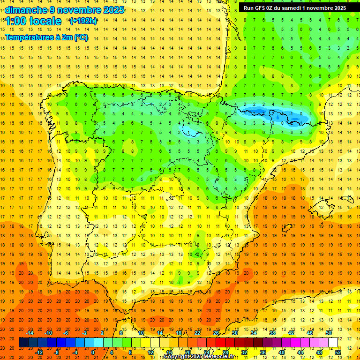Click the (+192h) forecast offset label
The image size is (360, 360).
coord(83,21)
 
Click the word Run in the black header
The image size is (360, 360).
coord(249,8)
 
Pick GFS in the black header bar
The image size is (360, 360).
coord(261,8)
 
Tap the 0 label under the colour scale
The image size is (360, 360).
coord(93,352)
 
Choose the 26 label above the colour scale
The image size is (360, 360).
coord(216,333)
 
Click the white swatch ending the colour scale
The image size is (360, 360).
coord(333,343)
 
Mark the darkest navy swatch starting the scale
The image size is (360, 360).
coord(23,343)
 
